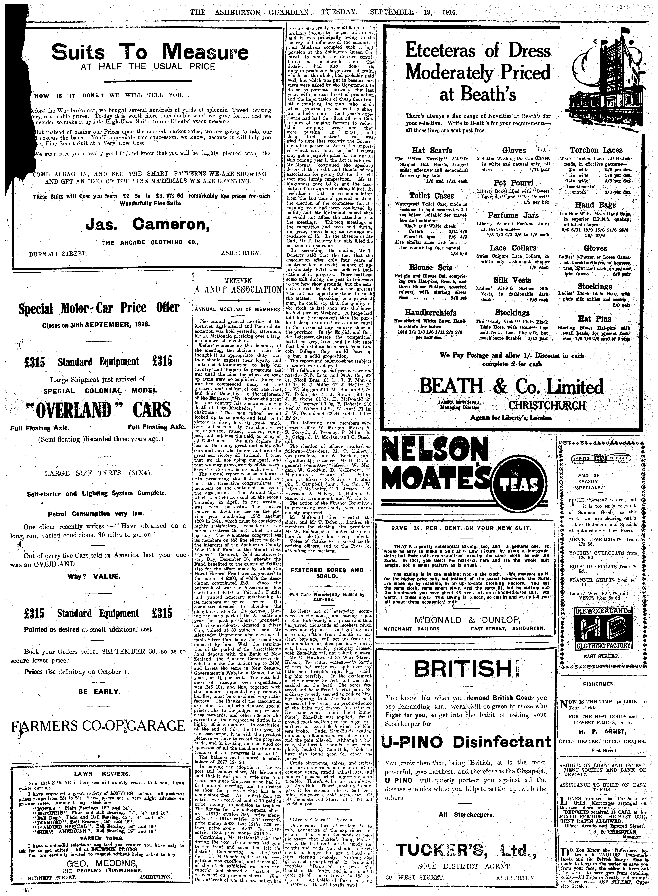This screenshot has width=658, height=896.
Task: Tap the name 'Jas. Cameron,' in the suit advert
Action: (148, 225)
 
